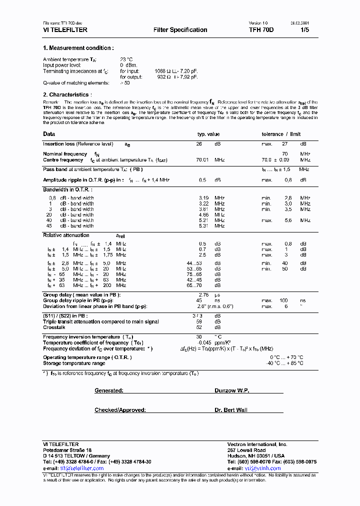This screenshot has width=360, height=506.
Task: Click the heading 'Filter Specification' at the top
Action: pos(180,30)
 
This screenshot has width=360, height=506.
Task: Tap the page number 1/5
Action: pos(304,30)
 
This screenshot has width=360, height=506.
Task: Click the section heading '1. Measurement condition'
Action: pos(78,48)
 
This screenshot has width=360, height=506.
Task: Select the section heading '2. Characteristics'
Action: pos(66,94)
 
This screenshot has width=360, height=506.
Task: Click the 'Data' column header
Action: pos(49,134)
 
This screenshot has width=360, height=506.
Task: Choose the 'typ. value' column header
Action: pos(208,134)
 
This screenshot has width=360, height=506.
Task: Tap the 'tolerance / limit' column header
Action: pos(281,134)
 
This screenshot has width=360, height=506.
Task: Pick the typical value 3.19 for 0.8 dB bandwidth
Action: pos(203,198)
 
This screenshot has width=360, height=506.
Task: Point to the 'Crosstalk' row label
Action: pos(53,327)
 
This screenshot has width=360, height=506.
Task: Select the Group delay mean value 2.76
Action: pos(203,295)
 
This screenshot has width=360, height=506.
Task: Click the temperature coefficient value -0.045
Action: pos(202,342)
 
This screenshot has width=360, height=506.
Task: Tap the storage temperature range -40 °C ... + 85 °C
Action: pos(286,363)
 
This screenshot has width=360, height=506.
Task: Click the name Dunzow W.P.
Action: pos(231,390)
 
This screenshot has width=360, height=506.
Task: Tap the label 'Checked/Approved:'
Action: pos(120,410)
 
